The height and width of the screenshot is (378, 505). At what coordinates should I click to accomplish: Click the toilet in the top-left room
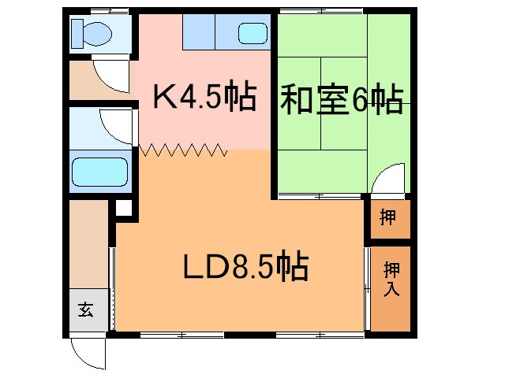coord(90,33)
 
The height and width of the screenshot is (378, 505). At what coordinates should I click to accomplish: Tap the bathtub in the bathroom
coord(99,171)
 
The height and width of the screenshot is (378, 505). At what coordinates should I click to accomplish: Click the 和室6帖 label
coord(340,100)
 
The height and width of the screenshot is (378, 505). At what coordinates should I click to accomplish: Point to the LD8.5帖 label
coord(245,269)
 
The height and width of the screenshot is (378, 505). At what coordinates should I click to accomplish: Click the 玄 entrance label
coord(85,309)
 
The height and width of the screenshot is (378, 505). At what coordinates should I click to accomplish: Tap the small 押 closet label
coord(387,218)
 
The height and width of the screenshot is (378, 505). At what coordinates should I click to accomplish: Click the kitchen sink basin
coord(252,34)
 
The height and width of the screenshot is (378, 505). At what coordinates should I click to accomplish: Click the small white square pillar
coord(123,209)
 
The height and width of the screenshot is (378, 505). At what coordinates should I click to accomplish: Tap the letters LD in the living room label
coord(200,269)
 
